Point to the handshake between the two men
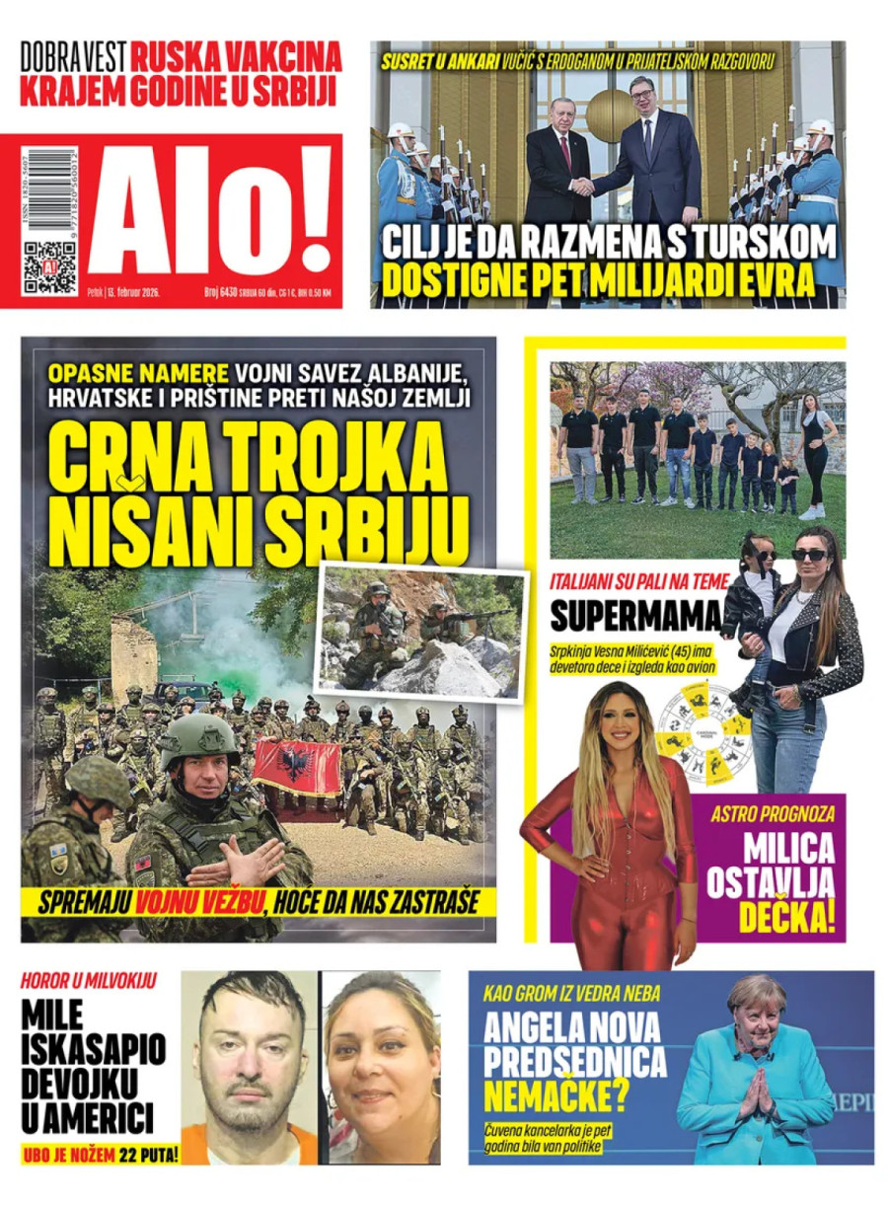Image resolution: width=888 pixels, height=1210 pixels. click(x=584, y=186)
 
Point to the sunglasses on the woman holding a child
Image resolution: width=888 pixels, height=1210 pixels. click(x=808, y=555)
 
